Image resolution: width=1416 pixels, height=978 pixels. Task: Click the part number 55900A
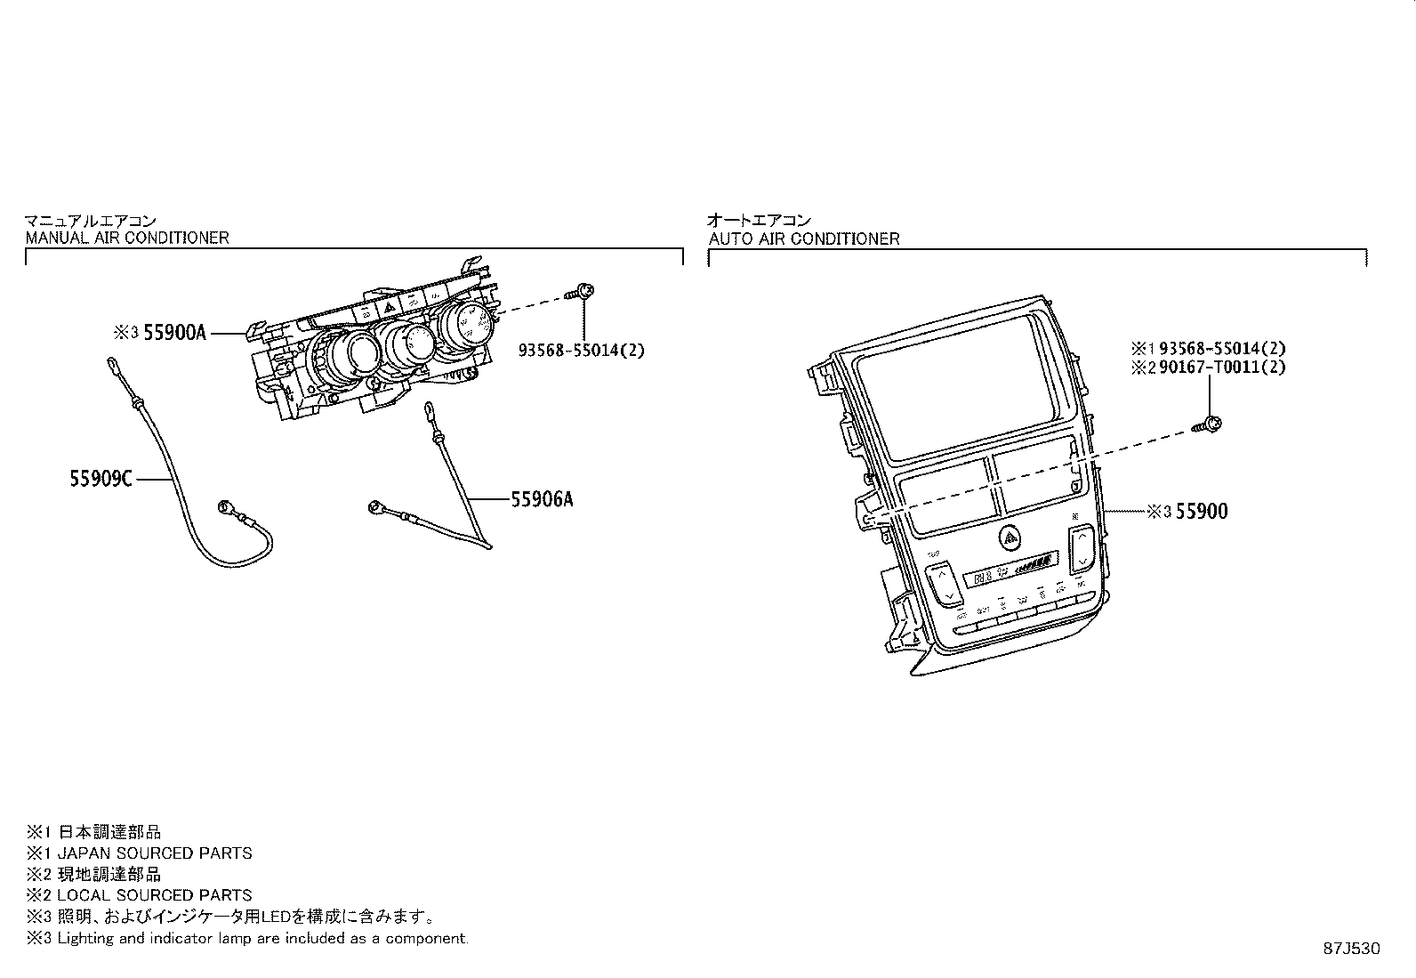click(x=174, y=333)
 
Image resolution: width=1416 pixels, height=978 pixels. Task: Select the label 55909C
click(x=101, y=479)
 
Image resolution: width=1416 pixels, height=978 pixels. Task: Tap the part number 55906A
click(x=541, y=499)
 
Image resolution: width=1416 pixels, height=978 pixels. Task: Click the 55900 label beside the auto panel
click(x=1201, y=511)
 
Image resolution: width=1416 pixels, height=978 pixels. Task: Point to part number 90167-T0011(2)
click(x=1222, y=367)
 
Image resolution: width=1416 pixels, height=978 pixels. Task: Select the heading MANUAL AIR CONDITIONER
click(x=127, y=238)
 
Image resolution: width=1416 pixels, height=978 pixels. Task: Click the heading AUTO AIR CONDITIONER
click(x=804, y=238)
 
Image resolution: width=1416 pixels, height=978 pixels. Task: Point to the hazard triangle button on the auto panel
click(x=1010, y=536)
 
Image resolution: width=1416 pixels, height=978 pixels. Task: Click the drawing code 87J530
click(x=1349, y=949)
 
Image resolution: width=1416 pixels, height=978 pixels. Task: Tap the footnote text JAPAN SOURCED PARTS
click(x=155, y=853)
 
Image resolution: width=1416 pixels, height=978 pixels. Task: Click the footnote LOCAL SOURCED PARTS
click(x=155, y=895)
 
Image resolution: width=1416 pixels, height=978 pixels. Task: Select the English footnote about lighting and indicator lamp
click(x=261, y=938)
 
